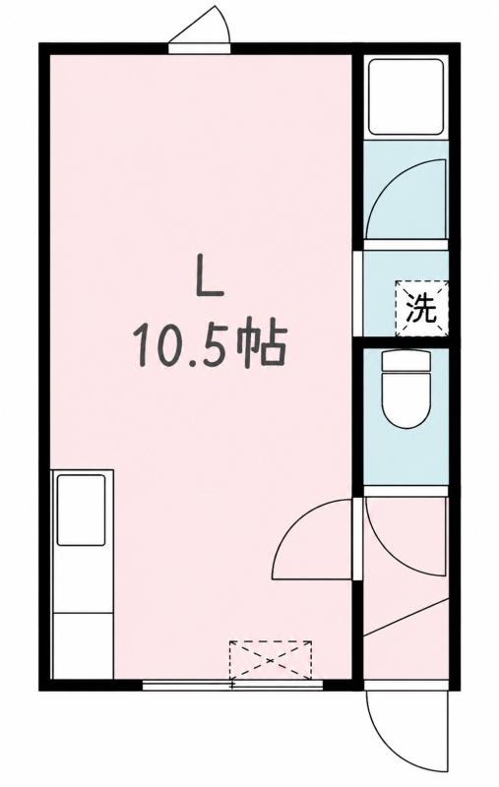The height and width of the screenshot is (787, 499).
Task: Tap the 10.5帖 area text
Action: (210, 346)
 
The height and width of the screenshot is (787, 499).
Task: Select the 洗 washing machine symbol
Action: (420, 308)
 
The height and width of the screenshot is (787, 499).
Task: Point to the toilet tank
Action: (406, 360)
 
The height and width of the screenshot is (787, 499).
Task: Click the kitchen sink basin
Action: (81, 510)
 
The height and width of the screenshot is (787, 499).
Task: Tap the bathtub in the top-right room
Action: (405, 96)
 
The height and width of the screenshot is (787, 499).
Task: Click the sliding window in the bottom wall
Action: (232, 685)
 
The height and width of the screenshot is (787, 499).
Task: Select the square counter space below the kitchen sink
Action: (83, 645)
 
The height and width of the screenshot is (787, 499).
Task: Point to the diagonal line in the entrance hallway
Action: (405, 618)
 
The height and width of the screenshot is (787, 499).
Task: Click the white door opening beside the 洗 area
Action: (357, 293)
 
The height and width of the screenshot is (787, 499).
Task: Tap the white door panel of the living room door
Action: (357, 538)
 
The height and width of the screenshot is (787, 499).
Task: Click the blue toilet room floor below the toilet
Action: (405, 457)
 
